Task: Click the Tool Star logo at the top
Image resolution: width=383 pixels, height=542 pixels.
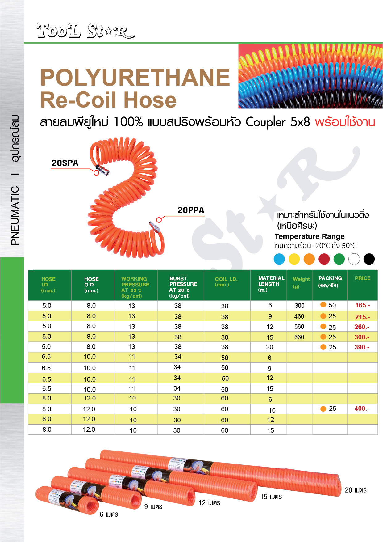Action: pos(85,31)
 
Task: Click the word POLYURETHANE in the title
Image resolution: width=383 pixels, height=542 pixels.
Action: pos(135,77)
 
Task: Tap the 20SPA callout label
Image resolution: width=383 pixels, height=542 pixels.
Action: pos(65,163)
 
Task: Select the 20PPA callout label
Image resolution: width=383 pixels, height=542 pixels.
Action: pos(191,210)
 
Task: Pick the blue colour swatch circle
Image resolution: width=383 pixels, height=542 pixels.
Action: pos(279,259)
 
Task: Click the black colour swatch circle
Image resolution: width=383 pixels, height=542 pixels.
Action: pos(369,259)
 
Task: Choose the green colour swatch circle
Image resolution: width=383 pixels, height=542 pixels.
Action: pos(339,259)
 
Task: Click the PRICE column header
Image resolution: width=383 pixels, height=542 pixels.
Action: pos(362,278)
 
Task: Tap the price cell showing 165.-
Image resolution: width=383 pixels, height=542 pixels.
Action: pos(362,305)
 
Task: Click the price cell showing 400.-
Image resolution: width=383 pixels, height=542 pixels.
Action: pos(362,409)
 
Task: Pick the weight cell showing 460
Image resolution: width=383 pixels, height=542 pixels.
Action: pos(299,316)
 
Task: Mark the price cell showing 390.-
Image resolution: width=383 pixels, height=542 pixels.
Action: pos(362,347)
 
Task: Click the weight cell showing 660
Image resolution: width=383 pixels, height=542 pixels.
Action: pos(299,337)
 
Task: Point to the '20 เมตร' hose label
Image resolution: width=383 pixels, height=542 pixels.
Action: pos(356,490)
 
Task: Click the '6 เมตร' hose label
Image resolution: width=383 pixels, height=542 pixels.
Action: pos(109,514)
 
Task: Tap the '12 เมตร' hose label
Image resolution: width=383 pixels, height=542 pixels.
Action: pos(209,503)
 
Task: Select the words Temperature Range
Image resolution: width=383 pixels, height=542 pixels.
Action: pos(309,236)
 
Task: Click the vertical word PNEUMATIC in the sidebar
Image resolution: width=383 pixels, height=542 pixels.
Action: pos(15,215)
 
